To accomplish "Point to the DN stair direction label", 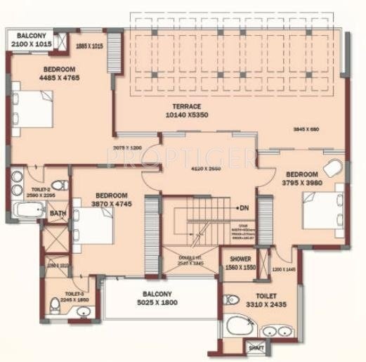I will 244,208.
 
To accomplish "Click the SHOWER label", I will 239,259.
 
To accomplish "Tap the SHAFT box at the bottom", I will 256,348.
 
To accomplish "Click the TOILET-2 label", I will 41,190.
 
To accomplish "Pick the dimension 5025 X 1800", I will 158,302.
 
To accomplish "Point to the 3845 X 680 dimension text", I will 306,129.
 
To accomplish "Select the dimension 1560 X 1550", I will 240,268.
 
